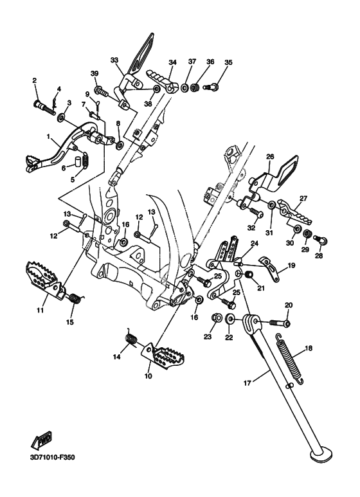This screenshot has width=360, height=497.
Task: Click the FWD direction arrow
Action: (x=41, y=440)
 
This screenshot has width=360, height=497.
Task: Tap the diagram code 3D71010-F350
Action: (x=48, y=457)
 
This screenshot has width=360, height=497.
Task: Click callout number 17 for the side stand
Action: (x=247, y=383)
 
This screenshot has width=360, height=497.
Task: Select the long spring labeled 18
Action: (x=290, y=359)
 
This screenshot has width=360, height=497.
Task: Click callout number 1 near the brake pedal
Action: (x=48, y=136)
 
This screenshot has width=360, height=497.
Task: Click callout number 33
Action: (x=114, y=60)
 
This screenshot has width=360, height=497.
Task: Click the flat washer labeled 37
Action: (x=184, y=87)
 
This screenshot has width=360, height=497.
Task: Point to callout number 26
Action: (x=270, y=157)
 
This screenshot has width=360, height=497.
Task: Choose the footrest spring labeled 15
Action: (x=75, y=298)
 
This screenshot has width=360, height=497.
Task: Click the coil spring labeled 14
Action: (x=130, y=338)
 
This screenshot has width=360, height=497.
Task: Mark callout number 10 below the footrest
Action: (x=148, y=376)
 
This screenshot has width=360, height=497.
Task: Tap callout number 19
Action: (x=291, y=265)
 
